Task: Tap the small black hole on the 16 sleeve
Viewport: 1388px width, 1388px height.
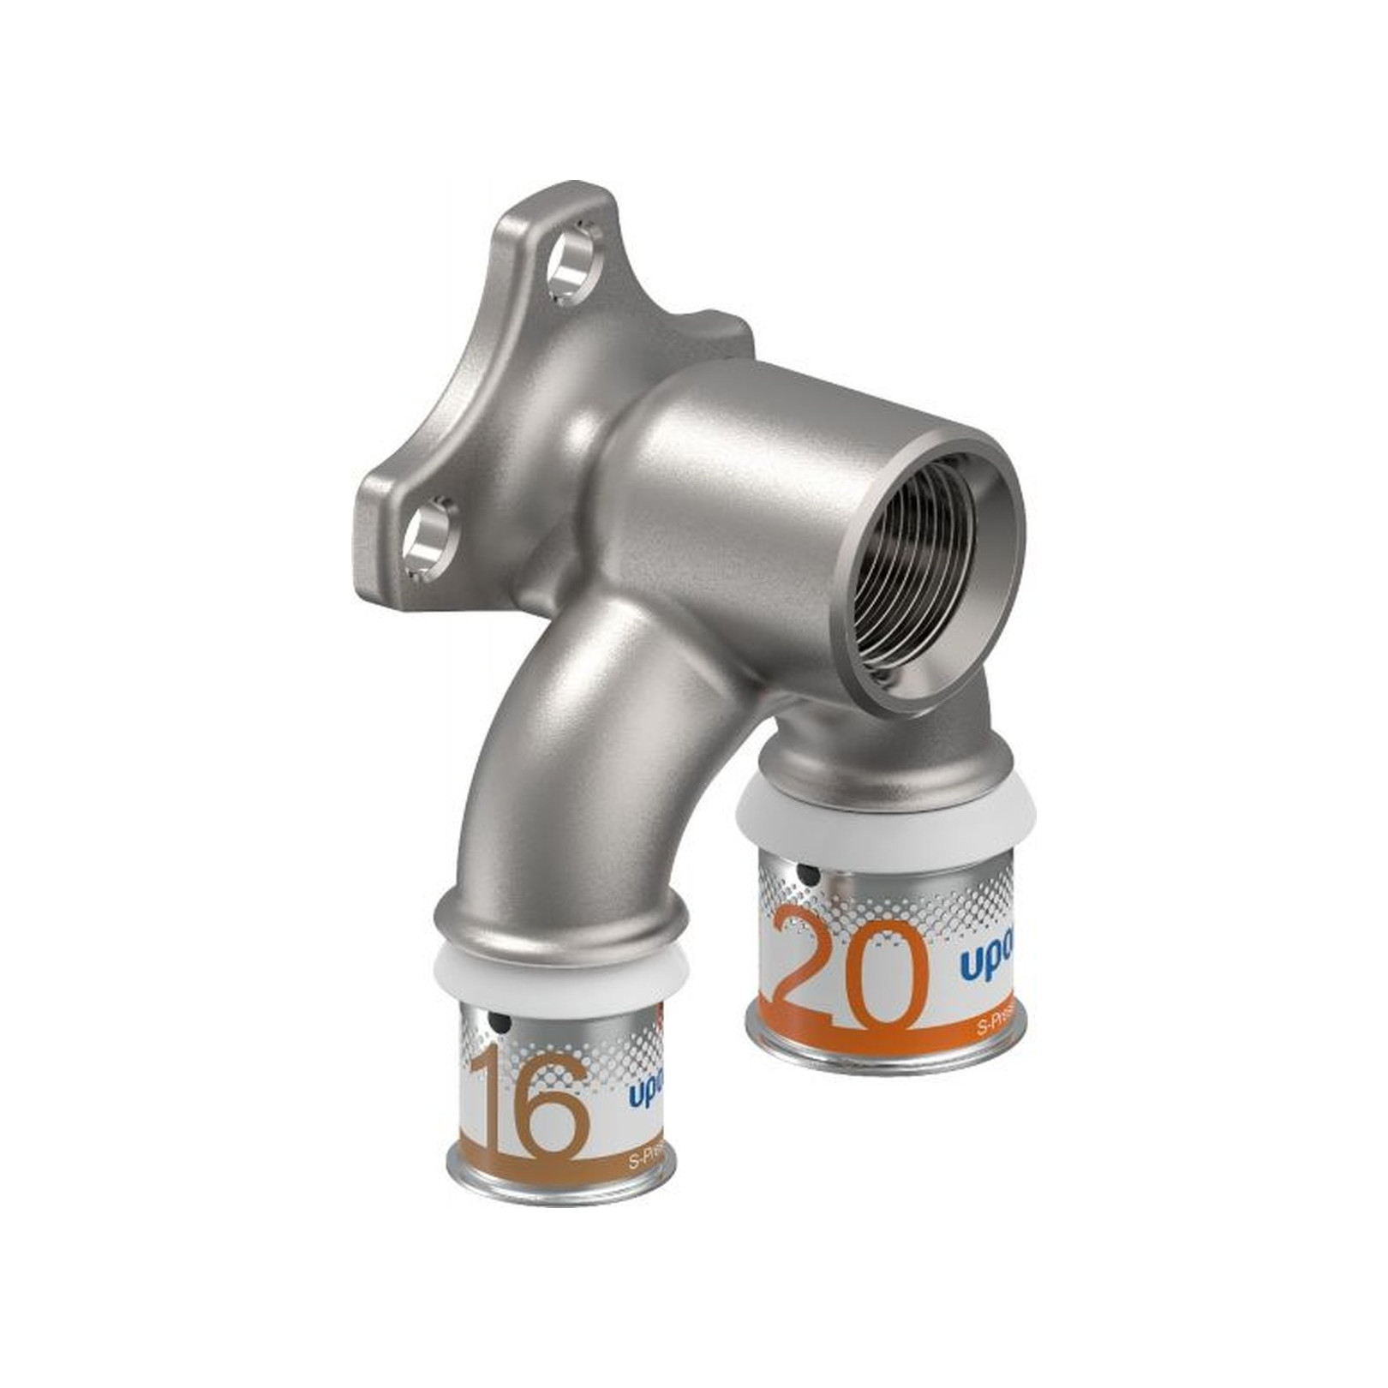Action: (500, 1023)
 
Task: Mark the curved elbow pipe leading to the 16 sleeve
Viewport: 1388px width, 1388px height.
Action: (557, 771)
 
